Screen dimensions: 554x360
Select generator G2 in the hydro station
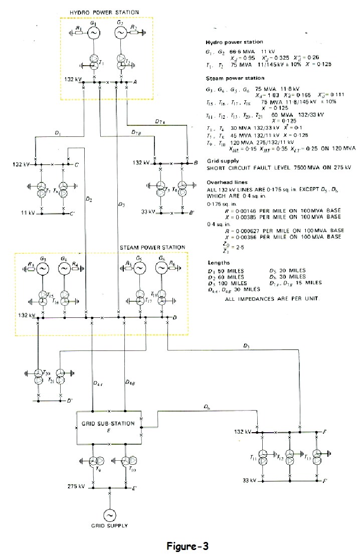pyautogui.click(x=120, y=33)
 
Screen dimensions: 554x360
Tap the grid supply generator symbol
pyautogui.click(x=108, y=514)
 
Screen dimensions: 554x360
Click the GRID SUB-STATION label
pyautogui.click(x=108, y=424)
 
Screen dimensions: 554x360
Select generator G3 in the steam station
pyautogui.click(x=44, y=269)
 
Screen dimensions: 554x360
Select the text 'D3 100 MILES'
pyautogui.click(x=228, y=283)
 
